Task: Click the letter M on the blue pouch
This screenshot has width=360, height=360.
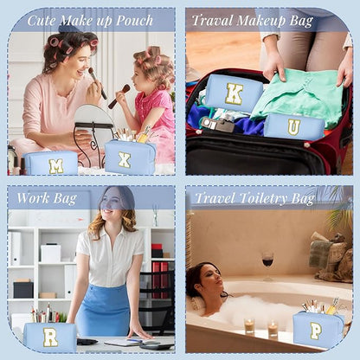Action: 56,166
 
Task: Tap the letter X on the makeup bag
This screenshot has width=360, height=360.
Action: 125,160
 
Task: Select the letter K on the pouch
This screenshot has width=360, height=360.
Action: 234,93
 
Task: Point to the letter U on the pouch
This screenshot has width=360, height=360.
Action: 294,127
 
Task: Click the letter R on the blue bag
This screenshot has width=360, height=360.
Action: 50,337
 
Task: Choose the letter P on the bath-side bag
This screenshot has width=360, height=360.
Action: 316,331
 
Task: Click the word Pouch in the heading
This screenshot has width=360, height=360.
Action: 134,21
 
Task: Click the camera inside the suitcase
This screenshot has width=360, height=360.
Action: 217,125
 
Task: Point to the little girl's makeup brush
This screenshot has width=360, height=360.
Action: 119,96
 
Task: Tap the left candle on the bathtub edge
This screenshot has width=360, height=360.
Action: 249,326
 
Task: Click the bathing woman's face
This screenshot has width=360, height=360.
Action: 209,280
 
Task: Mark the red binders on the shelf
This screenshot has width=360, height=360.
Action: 160,280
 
